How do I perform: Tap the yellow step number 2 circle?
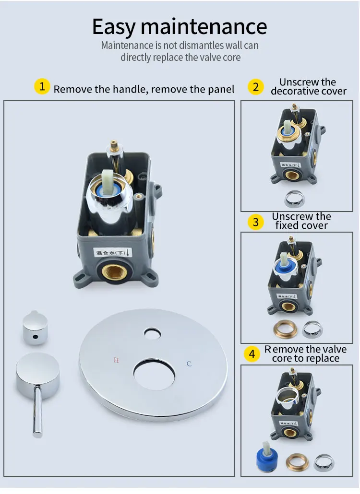click(x=256, y=87)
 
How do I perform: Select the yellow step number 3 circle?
click(x=256, y=222)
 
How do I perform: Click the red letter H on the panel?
click(x=116, y=360)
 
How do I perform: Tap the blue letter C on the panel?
click(x=189, y=364)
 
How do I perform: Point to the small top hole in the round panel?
click(x=153, y=333)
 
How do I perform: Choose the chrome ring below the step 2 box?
click(x=294, y=198)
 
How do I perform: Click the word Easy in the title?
click(x=114, y=26)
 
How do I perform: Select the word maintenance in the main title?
click(x=204, y=26)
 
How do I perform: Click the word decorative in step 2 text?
click(x=292, y=91)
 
